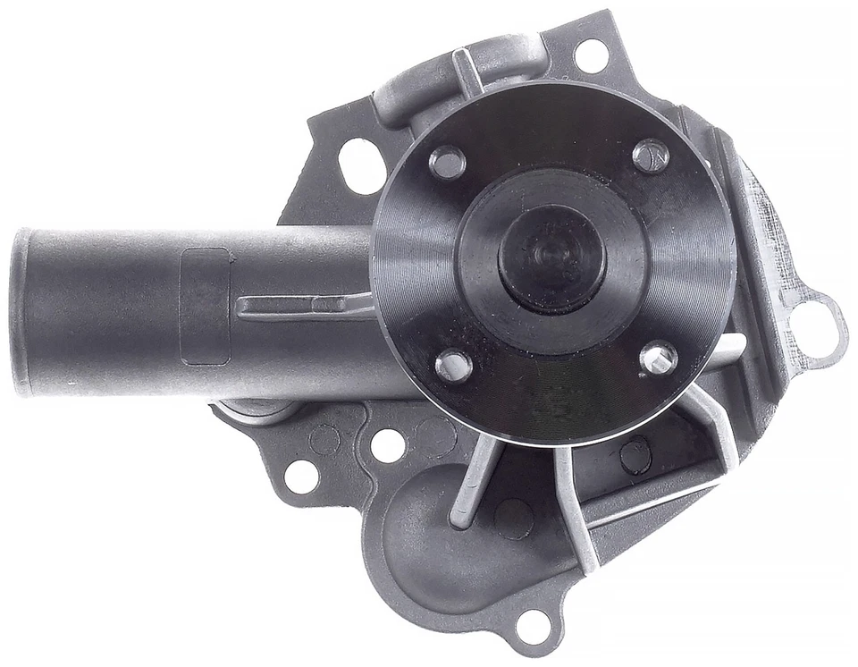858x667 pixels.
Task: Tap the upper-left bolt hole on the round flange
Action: pos(447,161)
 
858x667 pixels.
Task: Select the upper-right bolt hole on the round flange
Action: pos(651,156)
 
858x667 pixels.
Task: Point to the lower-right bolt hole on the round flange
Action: pos(659,358)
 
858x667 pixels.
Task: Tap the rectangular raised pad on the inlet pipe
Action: pos(205,307)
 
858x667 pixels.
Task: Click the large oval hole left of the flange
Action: pos(362,165)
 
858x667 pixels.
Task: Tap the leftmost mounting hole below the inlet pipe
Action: pos(301,476)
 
